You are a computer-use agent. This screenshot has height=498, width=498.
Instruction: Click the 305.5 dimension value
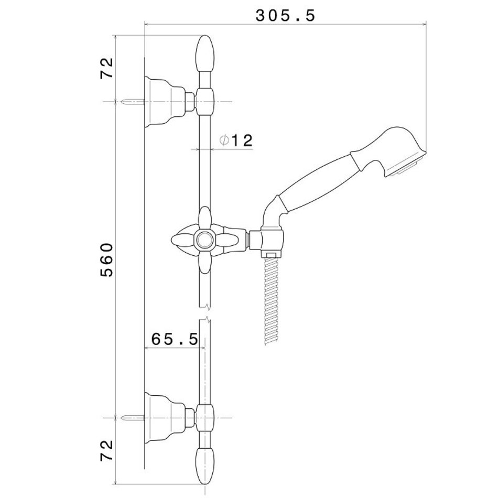point(285,16)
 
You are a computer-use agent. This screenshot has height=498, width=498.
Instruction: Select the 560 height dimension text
point(107,260)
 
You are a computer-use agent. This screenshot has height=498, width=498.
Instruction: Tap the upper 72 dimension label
point(107,68)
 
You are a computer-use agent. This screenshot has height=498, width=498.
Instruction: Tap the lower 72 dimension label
point(107,450)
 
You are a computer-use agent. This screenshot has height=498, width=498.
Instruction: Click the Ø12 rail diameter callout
point(236,140)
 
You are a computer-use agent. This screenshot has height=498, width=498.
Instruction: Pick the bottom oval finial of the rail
point(205,465)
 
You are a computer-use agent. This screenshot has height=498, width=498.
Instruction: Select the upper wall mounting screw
point(133,102)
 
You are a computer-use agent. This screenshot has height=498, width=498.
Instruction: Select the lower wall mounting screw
point(133,418)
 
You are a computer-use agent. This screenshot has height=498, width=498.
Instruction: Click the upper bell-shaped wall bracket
point(165,102)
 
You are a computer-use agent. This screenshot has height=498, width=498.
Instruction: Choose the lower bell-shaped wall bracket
point(165,418)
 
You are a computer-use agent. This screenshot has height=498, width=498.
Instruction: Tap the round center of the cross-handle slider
point(205,240)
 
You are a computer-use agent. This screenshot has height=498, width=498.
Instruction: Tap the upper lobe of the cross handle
point(205,219)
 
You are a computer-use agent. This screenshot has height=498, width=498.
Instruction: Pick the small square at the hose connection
point(271,255)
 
